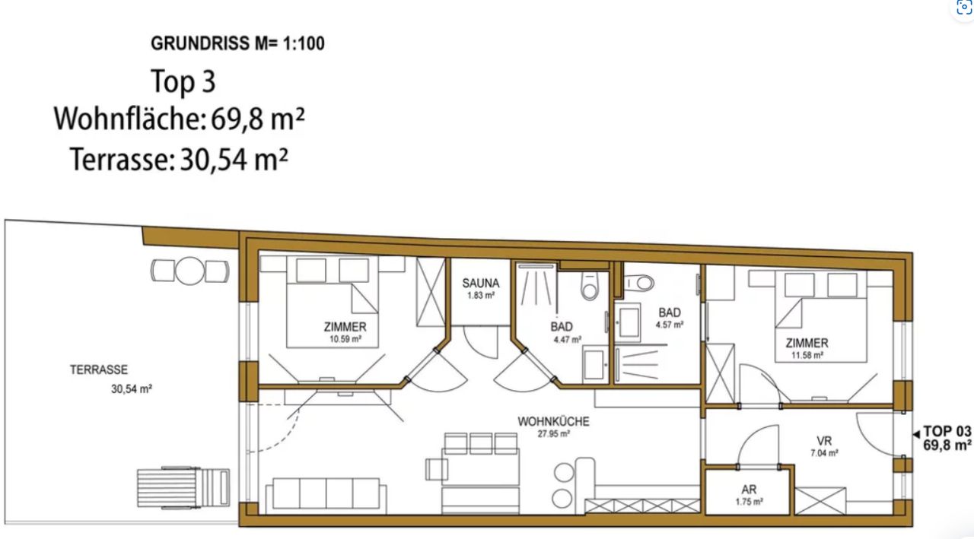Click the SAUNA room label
coord(480,283)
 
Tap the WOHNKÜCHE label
coord(553,421)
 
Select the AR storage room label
coord(749,490)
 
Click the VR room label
coord(824,441)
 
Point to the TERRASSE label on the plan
coord(99,369)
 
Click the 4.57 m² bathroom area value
coord(670,325)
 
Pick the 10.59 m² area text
coord(345,339)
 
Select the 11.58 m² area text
coord(807,355)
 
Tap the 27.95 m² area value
coord(553,433)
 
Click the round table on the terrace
coord(189,271)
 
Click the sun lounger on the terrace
coord(183,488)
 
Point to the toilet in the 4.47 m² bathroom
coord(589,286)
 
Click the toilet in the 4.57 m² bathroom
coord(639,283)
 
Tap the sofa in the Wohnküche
coord(326,496)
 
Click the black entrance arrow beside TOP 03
coord(916,434)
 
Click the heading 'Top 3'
coord(183,81)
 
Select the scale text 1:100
coord(304,43)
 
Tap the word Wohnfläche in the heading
coord(130,119)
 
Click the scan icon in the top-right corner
coord(964,8)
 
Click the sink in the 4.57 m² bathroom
coord(629,322)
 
